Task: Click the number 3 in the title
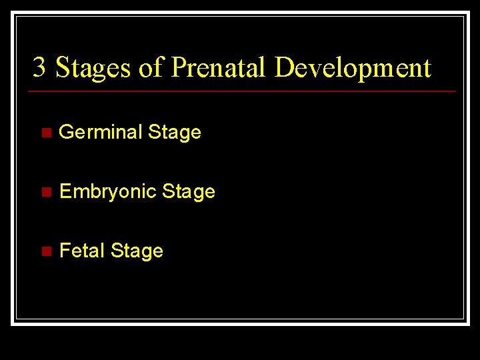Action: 39,67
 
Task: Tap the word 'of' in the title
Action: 151,67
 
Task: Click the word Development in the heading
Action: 353,68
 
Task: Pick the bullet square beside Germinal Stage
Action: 45,133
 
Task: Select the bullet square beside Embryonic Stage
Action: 45,192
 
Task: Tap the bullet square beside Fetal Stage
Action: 45,251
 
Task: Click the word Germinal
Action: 101,132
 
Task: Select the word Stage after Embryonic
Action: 189,192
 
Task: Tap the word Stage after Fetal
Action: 137,251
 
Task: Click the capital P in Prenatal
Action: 178,67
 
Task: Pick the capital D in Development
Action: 285,67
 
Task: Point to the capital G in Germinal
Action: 66,132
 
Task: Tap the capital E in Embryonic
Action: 65,192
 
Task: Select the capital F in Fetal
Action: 65,251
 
